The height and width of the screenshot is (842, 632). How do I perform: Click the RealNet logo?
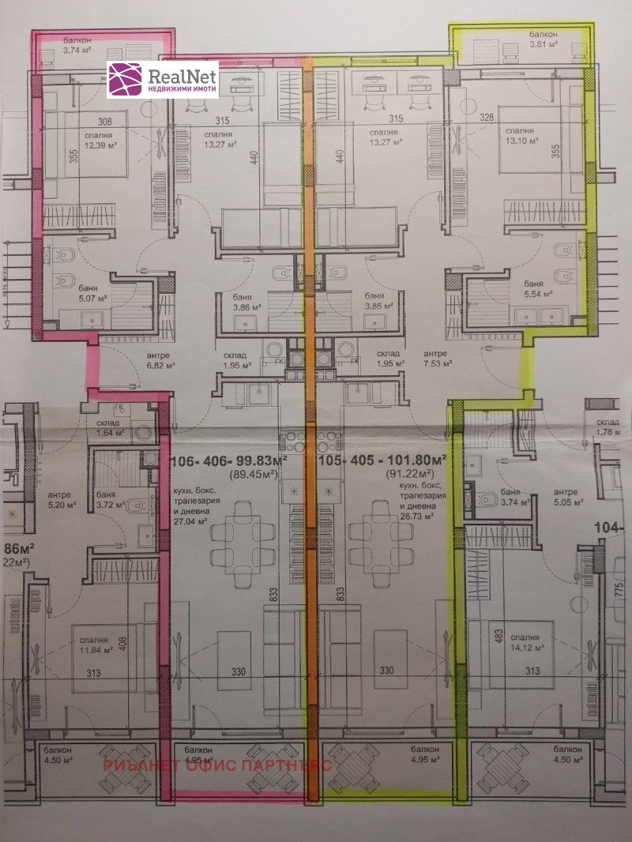coord(163,81)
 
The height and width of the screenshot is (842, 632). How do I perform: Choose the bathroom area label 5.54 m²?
coord(536,292)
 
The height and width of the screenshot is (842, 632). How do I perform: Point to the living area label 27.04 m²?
coord(191,521)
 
